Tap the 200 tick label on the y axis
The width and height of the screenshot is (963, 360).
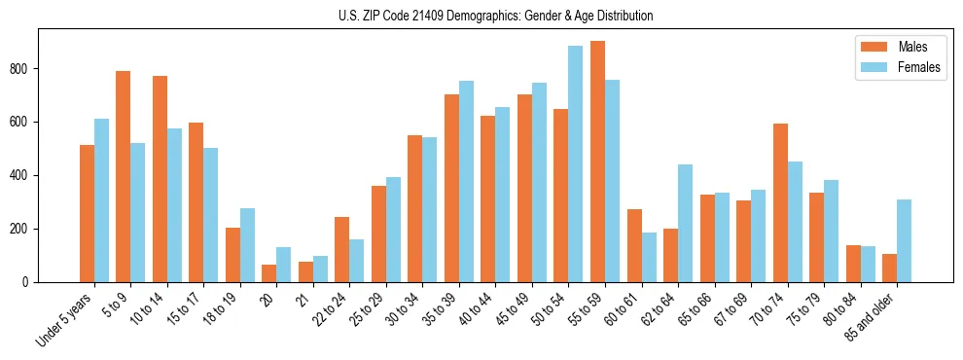click(22, 230)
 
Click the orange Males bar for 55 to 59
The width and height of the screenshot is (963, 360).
click(597, 162)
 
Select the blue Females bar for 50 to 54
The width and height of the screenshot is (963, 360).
click(576, 163)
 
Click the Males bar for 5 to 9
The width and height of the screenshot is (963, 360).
click(124, 176)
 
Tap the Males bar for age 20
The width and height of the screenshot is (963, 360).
click(269, 273)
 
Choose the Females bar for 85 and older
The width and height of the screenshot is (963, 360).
click(904, 240)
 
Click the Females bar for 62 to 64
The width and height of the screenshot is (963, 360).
click(685, 223)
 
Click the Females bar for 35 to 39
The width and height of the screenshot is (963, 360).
click(466, 181)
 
